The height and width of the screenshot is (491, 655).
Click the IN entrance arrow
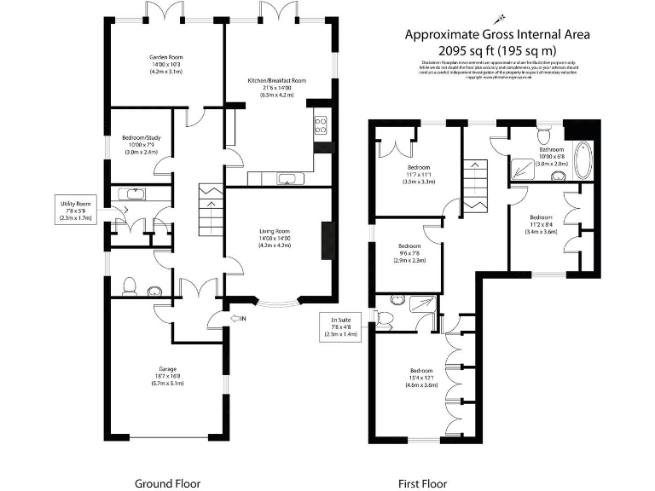239,319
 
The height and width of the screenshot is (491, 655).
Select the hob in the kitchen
322,126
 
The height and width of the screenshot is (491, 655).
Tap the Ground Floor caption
167,483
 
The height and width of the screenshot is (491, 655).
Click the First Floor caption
422,483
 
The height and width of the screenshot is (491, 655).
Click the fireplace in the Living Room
325,241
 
